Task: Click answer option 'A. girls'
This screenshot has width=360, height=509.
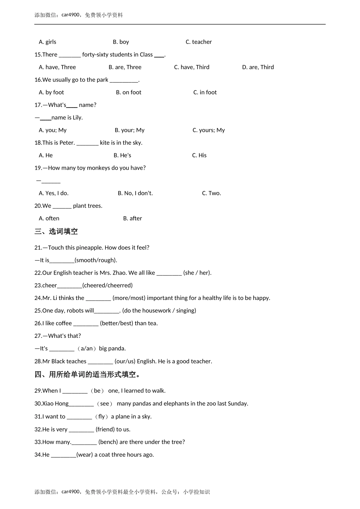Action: point(47,42)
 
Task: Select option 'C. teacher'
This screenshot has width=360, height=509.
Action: point(199,42)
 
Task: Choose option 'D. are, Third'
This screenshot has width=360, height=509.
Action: point(258,67)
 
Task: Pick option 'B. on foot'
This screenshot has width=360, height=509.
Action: point(128,92)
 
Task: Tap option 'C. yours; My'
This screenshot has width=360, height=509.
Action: point(208,130)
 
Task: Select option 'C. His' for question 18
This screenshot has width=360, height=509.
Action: point(199,155)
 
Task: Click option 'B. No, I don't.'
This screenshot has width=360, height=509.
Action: point(135,193)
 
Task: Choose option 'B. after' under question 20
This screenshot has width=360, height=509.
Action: point(132,219)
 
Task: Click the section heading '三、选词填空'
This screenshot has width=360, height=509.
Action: point(56,231)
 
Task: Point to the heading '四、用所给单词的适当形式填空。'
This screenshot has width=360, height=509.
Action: point(88,375)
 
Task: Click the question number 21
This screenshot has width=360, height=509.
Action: point(38,248)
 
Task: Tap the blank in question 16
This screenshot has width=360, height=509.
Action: point(124,80)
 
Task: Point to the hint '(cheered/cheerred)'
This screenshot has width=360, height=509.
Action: point(107,286)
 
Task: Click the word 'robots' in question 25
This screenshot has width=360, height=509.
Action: point(75,311)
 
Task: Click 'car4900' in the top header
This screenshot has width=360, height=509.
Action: point(70,15)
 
